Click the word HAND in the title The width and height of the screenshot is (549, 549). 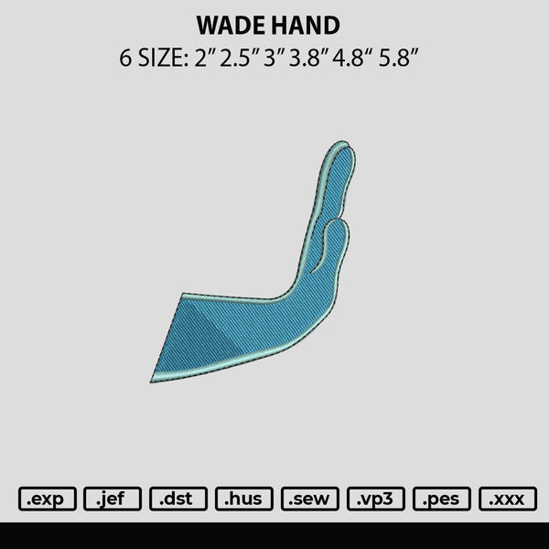[x=306, y=26]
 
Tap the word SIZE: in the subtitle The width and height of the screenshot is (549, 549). [x=164, y=58]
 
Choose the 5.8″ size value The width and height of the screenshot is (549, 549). [x=399, y=58]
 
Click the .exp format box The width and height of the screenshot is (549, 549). [x=48, y=499]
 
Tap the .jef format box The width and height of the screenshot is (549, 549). [x=113, y=499]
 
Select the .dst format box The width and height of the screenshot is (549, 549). [x=178, y=499]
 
